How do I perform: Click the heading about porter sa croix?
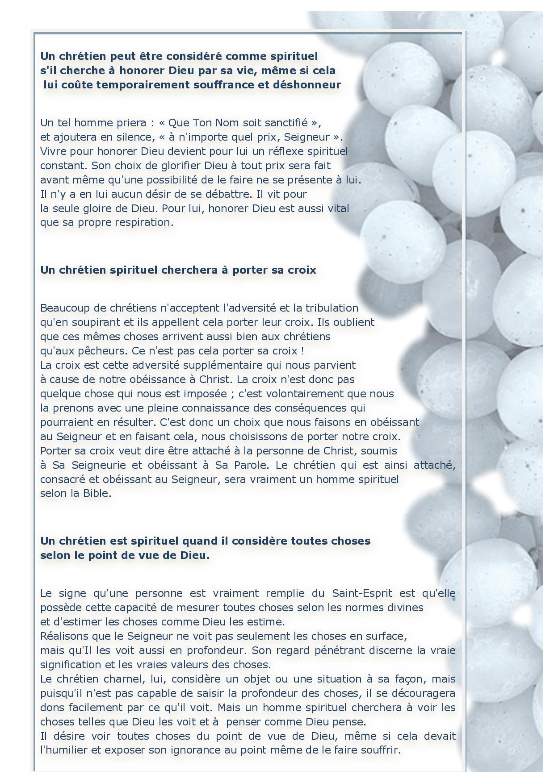pos(178,270)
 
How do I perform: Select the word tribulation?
pos(332,308)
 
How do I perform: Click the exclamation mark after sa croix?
pos(302,351)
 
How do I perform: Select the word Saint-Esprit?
pos(362,593)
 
